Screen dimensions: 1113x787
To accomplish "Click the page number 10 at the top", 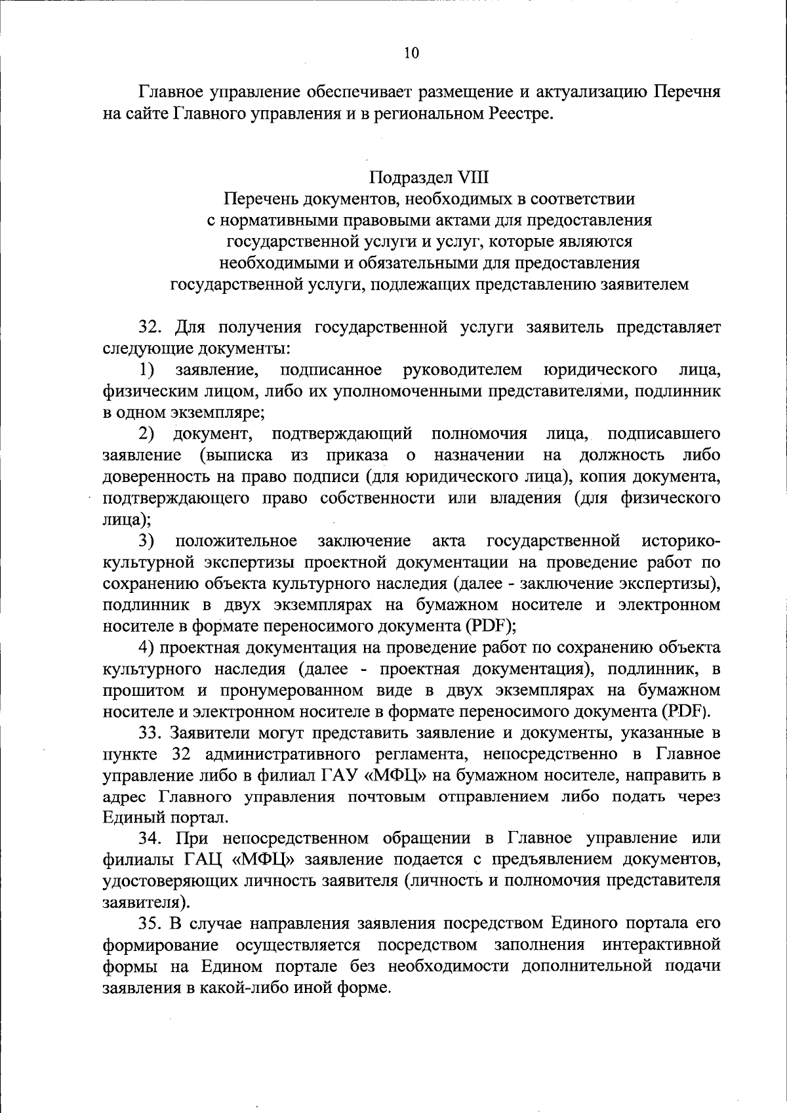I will pyautogui.click(x=411, y=54).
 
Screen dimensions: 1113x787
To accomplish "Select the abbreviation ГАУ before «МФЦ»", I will pyautogui.click(x=339, y=775).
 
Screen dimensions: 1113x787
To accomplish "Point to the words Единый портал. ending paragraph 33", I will pyautogui.click(x=166, y=818).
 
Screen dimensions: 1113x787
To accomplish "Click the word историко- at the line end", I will pyautogui.click(x=681, y=541).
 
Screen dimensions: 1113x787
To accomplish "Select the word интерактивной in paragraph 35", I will pyautogui.click(x=661, y=945).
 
